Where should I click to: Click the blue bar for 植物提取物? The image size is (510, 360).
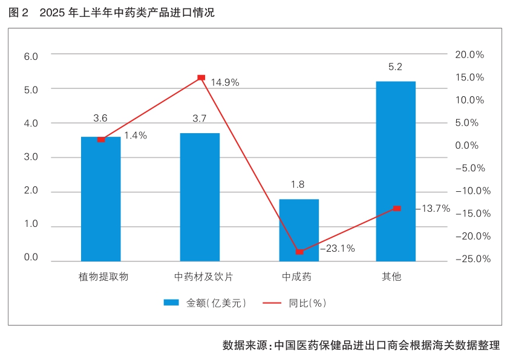click(101, 200)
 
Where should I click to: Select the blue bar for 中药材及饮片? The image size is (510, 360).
click(200, 197)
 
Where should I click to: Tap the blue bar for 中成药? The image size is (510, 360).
click(299, 231)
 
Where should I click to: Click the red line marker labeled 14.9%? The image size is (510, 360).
click(201, 78)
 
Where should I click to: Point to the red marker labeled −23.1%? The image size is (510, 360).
click(299, 251)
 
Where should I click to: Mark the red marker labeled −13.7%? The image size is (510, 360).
click(397, 208)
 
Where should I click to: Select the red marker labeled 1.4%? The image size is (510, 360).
click(101, 139)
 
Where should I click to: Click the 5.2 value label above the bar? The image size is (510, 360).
click(396, 67)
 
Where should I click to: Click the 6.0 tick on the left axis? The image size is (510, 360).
click(30, 56)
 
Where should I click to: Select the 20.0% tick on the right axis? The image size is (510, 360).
click(469, 54)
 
